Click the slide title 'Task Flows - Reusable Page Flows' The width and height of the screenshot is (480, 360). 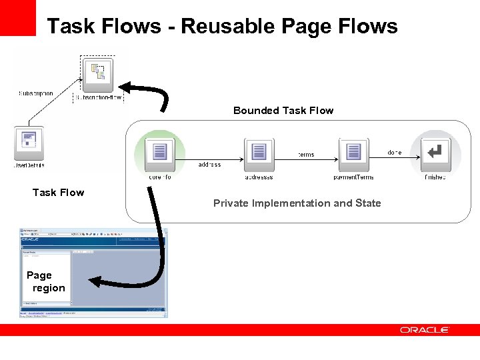222,26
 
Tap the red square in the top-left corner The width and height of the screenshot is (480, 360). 17,17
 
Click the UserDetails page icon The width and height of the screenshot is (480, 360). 29,141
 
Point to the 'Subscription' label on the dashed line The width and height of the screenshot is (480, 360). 35,94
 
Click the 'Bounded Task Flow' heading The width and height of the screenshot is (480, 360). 283,111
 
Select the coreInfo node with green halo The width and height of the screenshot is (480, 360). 159,152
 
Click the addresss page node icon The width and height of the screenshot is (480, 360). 259,153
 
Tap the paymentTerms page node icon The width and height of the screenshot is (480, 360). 353,153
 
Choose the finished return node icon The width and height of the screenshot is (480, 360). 435,153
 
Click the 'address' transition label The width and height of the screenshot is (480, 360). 209,165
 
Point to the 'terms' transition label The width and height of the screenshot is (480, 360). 305,155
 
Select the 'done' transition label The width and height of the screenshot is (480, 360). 395,153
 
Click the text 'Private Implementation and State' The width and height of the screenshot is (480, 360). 297,203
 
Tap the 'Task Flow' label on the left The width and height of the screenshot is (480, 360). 59,193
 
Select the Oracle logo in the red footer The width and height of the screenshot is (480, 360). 425,330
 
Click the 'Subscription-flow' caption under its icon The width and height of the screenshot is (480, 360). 98,97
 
